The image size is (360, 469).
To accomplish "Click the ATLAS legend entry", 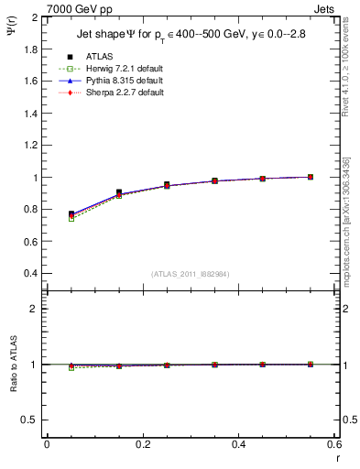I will point(98,56).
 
